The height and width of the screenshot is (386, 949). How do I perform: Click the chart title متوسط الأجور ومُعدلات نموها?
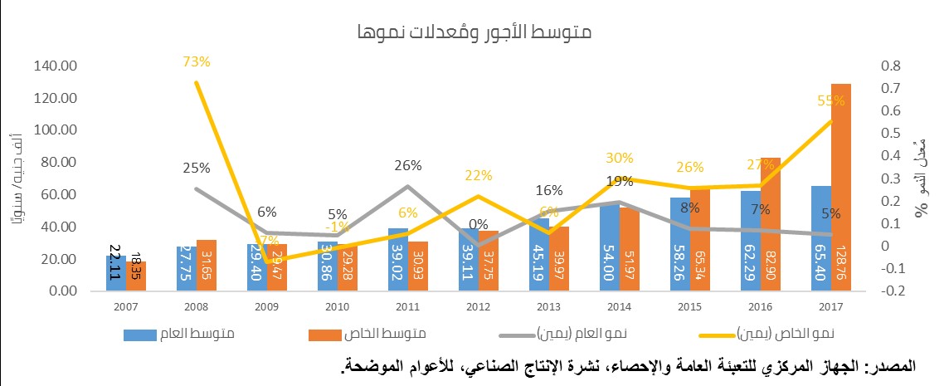tap(475, 33)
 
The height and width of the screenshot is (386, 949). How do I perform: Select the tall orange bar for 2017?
tap(840, 187)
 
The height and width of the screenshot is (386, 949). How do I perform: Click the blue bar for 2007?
tap(115, 273)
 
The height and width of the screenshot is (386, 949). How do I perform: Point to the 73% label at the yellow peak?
tap(197, 61)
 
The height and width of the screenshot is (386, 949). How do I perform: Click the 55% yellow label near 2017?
tap(830, 100)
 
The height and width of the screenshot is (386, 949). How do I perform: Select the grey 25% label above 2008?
tap(196, 169)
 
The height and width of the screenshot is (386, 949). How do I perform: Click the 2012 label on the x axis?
tap(479, 307)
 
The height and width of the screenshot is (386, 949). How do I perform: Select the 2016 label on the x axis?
tap(761, 307)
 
